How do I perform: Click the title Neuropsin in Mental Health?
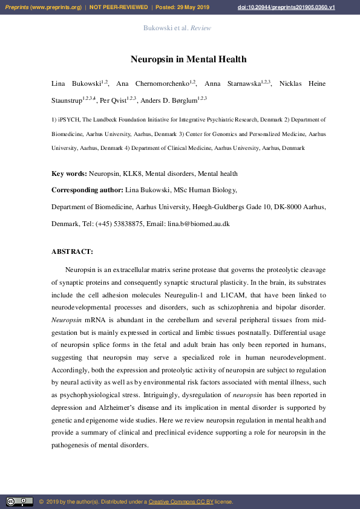(188, 59)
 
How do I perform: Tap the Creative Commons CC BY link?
(181, 502)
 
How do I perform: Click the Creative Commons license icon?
(19, 502)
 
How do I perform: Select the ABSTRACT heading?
(72, 251)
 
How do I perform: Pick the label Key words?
(69, 174)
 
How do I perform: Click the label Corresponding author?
(88, 190)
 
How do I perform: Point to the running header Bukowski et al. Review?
(177, 28)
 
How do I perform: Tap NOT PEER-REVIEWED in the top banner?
(119, 7)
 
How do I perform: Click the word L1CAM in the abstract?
(235, 295)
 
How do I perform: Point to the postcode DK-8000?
(286, 207)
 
